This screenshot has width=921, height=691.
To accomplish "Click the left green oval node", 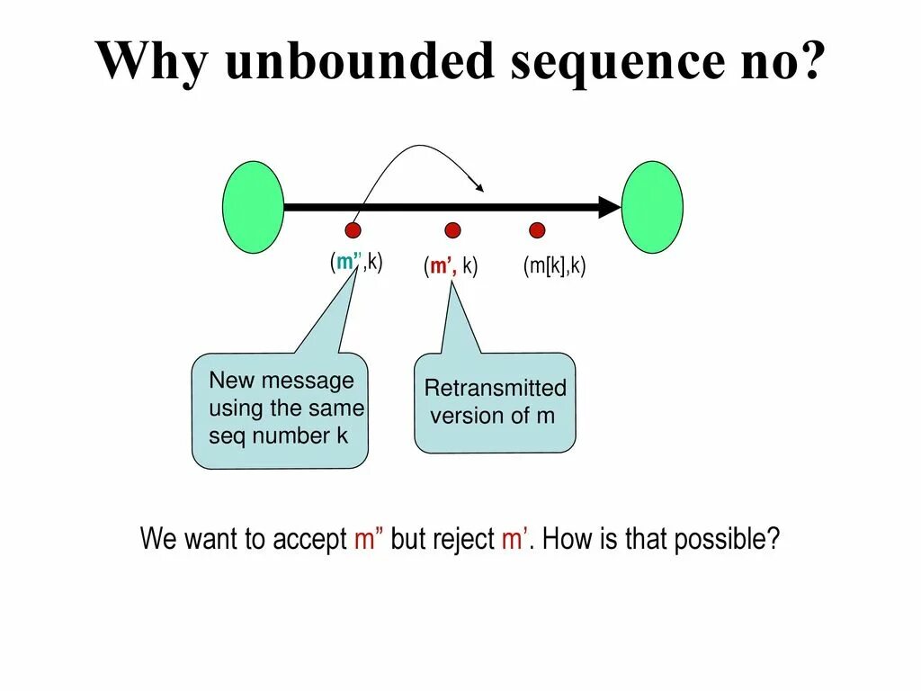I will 253,207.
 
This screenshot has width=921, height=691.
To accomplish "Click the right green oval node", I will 652,207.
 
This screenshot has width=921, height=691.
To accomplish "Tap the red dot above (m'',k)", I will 353,230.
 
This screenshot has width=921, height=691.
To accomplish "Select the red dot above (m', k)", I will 452,230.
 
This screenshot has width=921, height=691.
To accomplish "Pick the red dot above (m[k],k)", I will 537,230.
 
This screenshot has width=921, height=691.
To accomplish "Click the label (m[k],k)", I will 554,265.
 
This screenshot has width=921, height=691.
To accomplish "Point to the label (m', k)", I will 451,266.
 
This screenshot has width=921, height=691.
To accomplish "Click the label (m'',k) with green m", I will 355,263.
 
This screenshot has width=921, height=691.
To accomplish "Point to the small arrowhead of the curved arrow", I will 480,186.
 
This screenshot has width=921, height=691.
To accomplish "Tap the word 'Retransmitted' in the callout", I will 495,389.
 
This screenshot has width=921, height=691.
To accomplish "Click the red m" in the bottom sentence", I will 369,540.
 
